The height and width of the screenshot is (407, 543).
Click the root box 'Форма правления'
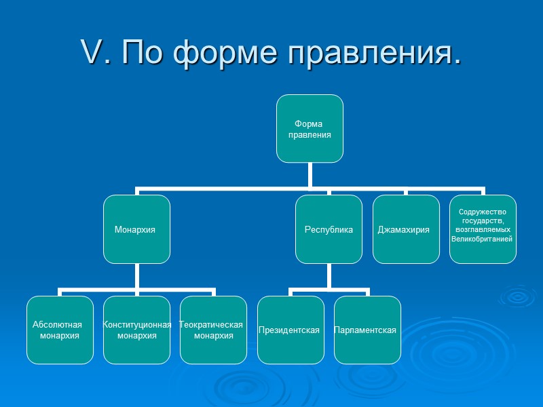pyautogui.click(x=309, y=129)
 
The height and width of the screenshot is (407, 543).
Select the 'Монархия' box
pyautogui.click(x=136, y=229)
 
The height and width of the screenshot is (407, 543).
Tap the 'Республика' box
pyautogui.click(x=329, y=229)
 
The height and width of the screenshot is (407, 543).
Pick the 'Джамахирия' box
pyautogui.click(x=405, y=229)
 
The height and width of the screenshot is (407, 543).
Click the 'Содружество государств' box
pyautogui.click(x=483, y=229)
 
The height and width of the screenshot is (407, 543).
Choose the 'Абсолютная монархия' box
pyautogui.click(x=60, y=330)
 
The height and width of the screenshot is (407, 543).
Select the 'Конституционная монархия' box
pyautogui.click(x=136, y=330)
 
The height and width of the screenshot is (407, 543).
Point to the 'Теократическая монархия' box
pyautogui.click(x=213, y=330)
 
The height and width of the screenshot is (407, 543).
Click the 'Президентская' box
pyautogui.click(x=290, y=330)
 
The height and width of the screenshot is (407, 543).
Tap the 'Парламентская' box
pyautogui.click(x=367, y=330)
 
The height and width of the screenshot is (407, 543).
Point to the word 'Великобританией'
pyautogui.click(x=482, y=239)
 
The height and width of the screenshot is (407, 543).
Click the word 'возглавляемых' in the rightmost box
pyautogui.click(x=482, y=230)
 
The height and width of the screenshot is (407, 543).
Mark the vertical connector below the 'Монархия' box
pyautogui.click(x=136, y=276)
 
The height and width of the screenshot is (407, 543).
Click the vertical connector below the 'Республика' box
pyautogui.click(x=329, y=276)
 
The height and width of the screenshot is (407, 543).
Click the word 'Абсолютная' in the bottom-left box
pyautogui.click(x=57, y=324)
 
